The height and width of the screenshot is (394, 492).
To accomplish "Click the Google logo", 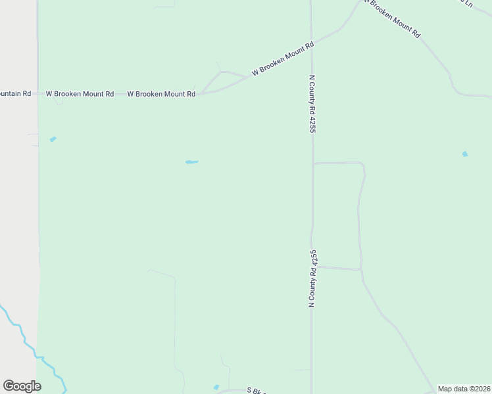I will coord(22,386).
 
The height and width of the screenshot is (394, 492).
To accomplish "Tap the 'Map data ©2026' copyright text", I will coord(463,389).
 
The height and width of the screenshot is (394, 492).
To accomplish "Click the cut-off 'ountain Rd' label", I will coord(16,93).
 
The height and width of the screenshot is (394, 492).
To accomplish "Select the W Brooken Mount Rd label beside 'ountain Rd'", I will coord(80,94).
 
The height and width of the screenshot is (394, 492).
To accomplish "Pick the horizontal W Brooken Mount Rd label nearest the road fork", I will coord(161,94).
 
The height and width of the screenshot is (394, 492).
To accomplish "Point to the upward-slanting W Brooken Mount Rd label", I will coord(283,59).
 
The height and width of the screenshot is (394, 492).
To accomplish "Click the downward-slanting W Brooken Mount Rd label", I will coord(392,18).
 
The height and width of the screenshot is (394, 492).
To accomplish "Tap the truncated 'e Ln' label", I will coord(466,4).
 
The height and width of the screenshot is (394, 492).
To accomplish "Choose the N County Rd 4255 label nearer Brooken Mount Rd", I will coord(312,104).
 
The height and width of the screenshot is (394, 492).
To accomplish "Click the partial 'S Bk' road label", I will coord(255,390).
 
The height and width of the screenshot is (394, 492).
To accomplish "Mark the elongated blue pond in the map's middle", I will coord(191,162).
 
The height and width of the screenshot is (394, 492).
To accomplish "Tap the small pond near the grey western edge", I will coord(53,139).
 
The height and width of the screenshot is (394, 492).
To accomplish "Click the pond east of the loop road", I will coord(465,154).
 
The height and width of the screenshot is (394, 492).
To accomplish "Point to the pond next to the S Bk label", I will coord(216,387).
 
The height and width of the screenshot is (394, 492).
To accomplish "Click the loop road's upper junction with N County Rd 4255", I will coord(312,163).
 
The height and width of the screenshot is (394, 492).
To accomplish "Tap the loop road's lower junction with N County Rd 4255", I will coord(313,267).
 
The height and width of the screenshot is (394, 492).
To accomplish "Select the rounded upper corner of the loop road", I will coord(362,165).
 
